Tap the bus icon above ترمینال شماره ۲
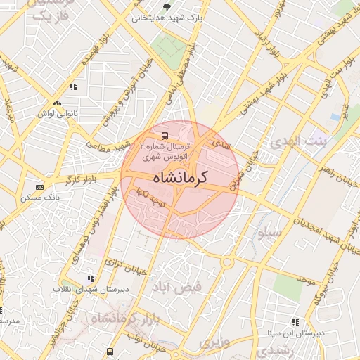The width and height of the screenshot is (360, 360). [x=164, y=134]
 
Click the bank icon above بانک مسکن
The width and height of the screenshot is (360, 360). [x=39, y=188]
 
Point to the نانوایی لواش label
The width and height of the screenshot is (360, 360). [x=72, y=112]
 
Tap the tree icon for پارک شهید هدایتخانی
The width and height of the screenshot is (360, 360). [x=167, y=8]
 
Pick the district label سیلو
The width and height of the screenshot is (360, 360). [x=271, y=231]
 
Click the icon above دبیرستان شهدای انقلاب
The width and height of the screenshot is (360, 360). [x=89, y=278]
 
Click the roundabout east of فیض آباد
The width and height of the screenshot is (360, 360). [x=227, y=262]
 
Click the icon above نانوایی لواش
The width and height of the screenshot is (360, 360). [x=72, y=87]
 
